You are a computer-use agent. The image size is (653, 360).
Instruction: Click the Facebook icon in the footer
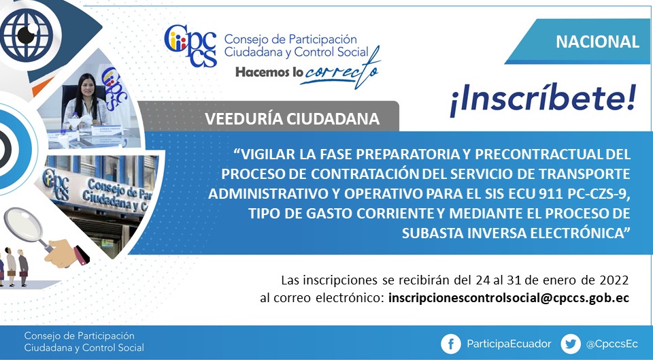450,344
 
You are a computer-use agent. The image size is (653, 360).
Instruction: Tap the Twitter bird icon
571,344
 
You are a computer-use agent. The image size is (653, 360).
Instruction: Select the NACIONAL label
597,42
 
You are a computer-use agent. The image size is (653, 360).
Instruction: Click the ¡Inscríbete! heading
543,101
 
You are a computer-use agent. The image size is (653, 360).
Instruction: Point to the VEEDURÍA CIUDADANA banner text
292,118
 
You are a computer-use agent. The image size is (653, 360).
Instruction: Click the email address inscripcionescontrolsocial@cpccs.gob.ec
509,298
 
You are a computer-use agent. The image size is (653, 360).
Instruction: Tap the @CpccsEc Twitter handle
612,344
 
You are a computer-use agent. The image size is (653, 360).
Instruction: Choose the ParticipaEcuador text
509,344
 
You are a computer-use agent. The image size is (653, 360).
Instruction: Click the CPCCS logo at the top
190,46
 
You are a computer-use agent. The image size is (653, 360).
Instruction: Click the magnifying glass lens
23,225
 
